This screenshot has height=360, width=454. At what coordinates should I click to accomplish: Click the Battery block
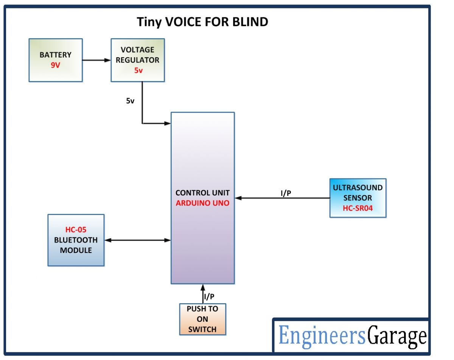click(x=55, y=60)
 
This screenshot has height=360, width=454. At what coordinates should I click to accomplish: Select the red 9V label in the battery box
click(x=55, y=65)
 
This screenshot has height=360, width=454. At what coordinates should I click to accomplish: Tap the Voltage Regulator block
click(x=137, y=60)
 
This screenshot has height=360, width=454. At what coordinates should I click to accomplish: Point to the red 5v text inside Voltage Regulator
click(x=138, y=70)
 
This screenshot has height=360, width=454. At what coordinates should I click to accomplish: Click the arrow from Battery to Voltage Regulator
click(x=96, y=60)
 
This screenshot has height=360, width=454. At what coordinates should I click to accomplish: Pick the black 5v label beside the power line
click(x=131, y=101)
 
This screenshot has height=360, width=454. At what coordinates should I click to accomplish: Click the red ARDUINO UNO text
click(x=202, y=203)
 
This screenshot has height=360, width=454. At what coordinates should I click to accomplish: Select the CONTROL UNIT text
click(x=202, y=193)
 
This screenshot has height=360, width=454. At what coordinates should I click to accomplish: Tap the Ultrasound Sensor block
click(x=358, y=198)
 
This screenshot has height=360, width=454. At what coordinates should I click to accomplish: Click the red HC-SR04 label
click(x=358, y=208)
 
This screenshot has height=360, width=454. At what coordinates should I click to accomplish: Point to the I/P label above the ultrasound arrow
click(x=286, y=193)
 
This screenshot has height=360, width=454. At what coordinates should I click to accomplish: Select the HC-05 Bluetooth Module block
click(x=76, y=240)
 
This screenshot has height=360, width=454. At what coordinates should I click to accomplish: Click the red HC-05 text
click(x=76, y=230)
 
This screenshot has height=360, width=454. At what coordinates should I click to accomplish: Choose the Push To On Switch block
click(x=202, y=319)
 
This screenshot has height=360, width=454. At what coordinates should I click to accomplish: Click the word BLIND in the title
click(x=249, y=22)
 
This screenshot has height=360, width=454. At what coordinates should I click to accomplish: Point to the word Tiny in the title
click(x=149, y=22)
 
